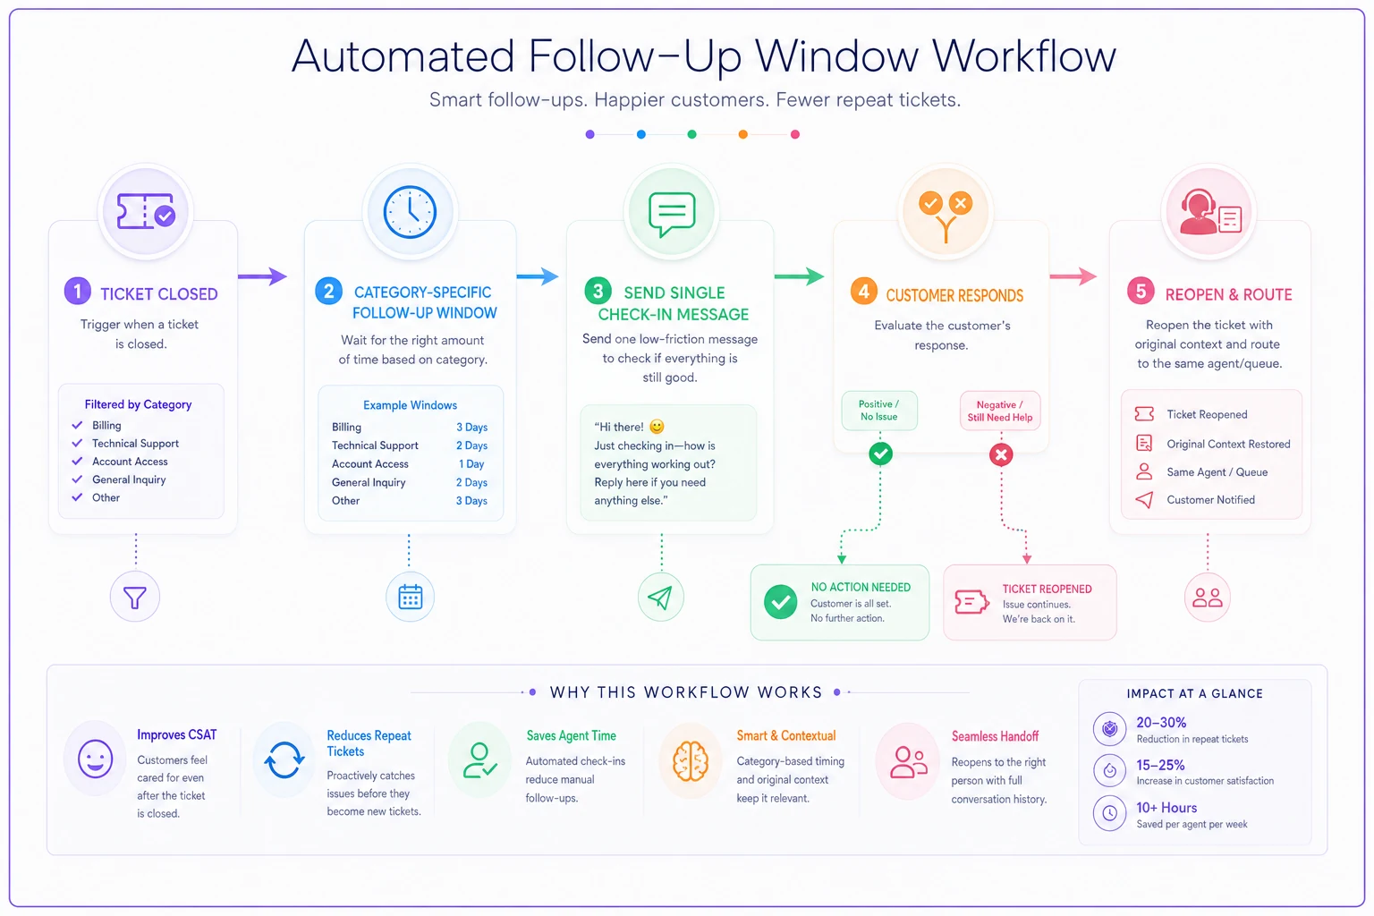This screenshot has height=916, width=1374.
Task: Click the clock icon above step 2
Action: (x=410, y=212)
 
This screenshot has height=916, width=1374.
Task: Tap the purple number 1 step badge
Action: (x=77, y=291)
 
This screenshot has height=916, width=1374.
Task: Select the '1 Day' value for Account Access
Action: (x=471, y=464)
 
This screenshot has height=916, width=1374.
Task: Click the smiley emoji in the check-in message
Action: (x=657, y=427)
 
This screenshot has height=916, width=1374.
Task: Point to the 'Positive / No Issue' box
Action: (x=879, y=411)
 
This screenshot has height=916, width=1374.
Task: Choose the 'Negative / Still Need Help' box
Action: (x=1000, y=411)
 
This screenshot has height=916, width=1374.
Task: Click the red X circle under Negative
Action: (x=1001, y=454)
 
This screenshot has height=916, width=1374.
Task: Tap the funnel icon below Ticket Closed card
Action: (x=135, y=597)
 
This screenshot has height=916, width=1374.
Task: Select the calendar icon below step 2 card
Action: (x=410, y=597)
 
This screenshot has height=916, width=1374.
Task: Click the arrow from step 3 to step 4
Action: (x=799, y=276)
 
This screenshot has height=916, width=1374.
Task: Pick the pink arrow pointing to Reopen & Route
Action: (x=1073, y=276)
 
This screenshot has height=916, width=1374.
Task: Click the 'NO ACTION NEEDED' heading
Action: (x=861, y=587)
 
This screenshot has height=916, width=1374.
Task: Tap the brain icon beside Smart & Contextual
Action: (x=691, y=760)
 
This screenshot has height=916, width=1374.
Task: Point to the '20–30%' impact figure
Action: (x=1161, y=722)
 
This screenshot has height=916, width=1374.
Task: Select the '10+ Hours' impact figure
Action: (x=1166, y=808)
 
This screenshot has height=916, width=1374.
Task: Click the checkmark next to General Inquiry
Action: (x=77, y=479)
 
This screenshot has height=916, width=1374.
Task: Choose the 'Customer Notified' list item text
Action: (x=1210, y=499)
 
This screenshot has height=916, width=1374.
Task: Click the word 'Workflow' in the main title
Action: (x=1023, y=56)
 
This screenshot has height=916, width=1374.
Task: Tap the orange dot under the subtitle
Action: (x=742, y=134)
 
